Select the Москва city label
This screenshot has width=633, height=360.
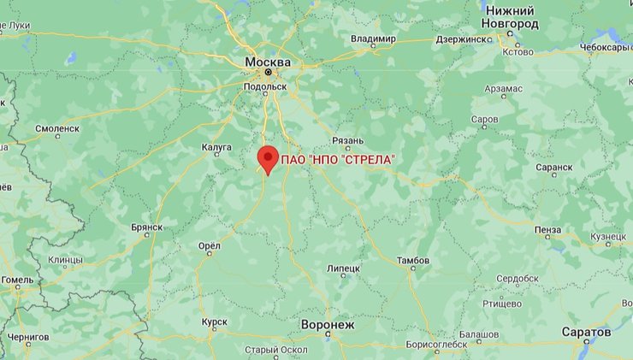click(x=267, y=62)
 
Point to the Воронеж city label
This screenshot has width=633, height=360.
click(x=327, y=325)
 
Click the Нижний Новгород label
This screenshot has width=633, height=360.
click(x=511, y=16)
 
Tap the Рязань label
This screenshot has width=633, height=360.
click(x=348, y=140)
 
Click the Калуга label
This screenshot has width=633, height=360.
click(x=216, y=147)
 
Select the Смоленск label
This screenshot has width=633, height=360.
click(x=57, y=128)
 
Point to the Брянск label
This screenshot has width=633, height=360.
click(x=146, y=227)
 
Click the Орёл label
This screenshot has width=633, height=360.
click(x=209, y=245)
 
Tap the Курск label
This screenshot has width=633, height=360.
click(x=214, y=322)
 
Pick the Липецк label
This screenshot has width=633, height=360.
click(x=343, y=269)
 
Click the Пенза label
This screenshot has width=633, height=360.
click(x=547, y=230)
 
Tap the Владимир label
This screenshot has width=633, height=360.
click(x=373, y=39)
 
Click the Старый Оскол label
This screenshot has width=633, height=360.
click(x=275, y=350)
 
